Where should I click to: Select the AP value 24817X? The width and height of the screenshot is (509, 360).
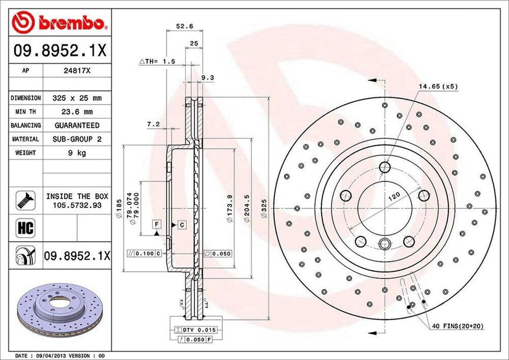[x=77, y=71]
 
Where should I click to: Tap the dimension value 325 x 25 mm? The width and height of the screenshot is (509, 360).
[x=77, y=98]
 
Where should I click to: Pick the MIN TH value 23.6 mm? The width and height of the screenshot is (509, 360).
[x=77, y=112]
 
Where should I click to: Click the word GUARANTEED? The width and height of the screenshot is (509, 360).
[x=77, y=125]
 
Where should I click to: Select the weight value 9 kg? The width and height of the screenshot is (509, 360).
[x=77, y=153]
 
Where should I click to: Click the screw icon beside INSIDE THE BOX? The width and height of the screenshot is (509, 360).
[x=23, y=199]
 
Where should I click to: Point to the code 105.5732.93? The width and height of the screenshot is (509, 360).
[x=74, y=205]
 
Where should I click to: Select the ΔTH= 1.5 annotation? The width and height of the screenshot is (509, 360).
[x=157, y=62]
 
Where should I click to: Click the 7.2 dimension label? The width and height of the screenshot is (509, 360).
[x=153, y=124]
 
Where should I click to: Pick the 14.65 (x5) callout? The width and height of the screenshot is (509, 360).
[x=437, y=86]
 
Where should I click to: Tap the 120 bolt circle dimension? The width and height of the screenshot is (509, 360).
[x=394, y=197]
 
